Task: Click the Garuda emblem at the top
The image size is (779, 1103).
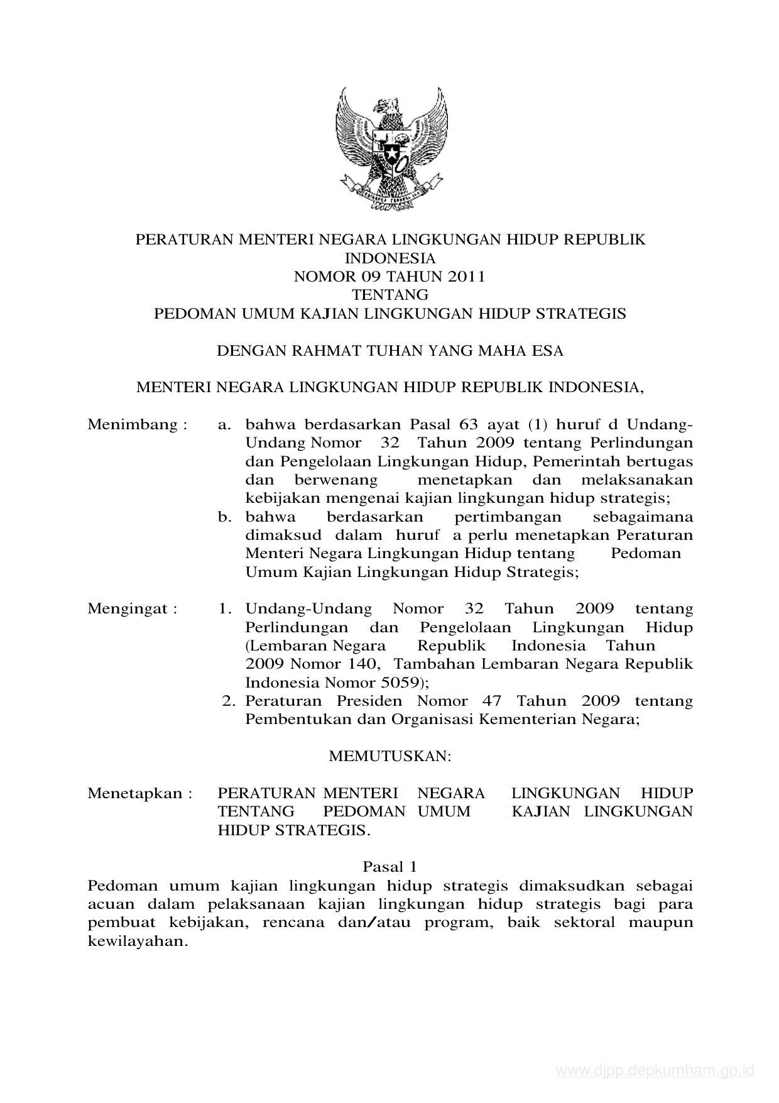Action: pos(391,149)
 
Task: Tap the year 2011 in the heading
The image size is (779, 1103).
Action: pos(466,277)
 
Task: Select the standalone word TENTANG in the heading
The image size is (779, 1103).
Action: pos(390,295)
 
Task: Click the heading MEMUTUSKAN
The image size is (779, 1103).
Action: pos(390,757)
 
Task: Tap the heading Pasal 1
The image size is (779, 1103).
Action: pos(390,867)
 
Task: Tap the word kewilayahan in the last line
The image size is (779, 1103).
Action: pos(138,942)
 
